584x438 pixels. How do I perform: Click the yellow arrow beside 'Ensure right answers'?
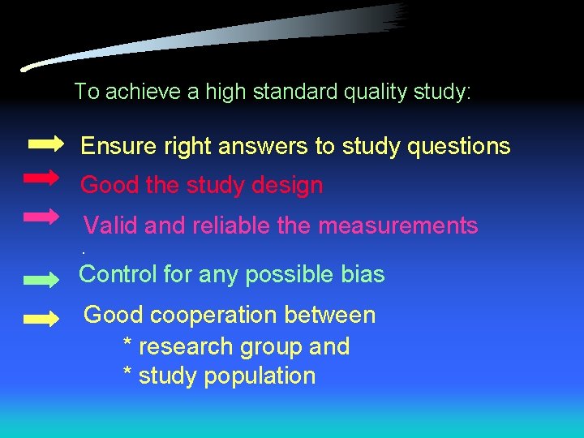tap(45, 144)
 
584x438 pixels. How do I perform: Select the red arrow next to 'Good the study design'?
tap(41, 177)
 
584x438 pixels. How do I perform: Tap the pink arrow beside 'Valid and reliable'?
tap(41, 217)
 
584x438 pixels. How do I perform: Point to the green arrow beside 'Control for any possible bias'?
tap(41, 280)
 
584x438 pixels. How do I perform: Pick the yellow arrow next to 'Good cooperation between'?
tap(41, 319)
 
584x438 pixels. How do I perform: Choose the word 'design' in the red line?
tap(288, 186)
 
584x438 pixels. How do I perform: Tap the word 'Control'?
tap(118, 274)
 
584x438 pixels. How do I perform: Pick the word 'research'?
tap(186, 346)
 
